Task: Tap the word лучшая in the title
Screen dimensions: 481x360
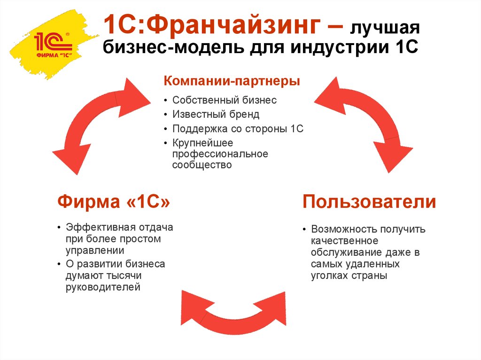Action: (x=385, y=28)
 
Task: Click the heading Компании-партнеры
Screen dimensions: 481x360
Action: (x=232, y=81)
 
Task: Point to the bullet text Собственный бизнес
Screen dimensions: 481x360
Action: (x=224, y=100)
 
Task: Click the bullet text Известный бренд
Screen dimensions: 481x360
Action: (x=216, y=115)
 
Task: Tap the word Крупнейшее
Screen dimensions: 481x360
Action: (x=202, y=143)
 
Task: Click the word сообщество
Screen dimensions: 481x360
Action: (x=202, y=165)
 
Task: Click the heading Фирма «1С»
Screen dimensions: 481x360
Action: (x=114, y=202)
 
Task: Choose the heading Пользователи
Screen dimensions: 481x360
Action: (x=369, y=202)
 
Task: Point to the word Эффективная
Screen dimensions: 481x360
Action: (x=101, y=228)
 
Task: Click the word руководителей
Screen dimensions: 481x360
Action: (x=103, y=287)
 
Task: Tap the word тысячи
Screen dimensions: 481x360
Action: (x=124, y=276)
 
